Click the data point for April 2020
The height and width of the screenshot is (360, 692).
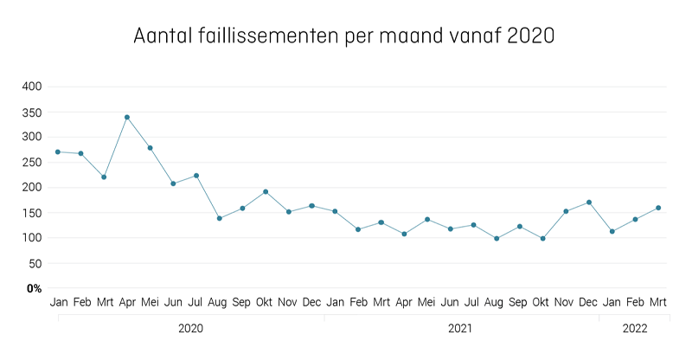tap(127, 117)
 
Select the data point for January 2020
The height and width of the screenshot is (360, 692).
tap(58, 151)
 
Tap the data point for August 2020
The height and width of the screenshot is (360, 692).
tap(220, 218)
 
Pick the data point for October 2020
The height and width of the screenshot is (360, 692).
tap(266, 191)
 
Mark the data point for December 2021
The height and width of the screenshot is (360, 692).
tap(589, 202)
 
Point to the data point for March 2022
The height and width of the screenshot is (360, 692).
tap(658, 208)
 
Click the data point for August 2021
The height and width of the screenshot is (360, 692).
tap(497, 238)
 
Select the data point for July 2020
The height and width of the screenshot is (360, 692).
tap(196, 176)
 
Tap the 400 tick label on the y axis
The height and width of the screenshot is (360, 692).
tap(32, 87)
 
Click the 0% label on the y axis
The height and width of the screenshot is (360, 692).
tap(34, 288)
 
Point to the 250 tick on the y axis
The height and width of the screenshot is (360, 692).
tap(32, 162)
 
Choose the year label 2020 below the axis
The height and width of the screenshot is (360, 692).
tap(190, 329)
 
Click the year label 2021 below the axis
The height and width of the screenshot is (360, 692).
tap(460, 329)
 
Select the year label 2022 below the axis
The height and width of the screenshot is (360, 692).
tap(634, 329)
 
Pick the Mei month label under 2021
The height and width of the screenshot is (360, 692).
tap(427, 302)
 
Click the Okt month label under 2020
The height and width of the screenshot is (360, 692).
tap(266, 302)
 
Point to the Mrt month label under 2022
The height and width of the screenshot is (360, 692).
tap(658, 302)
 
